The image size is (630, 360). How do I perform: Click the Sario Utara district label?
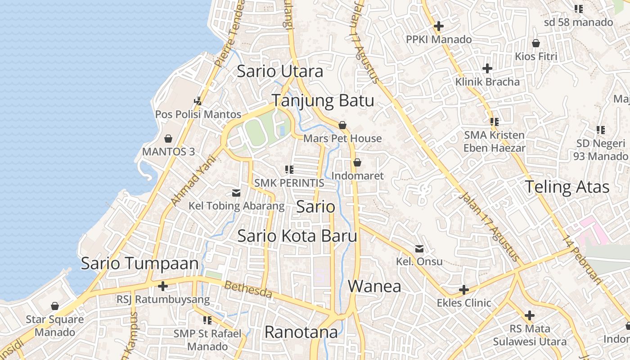[x=280, y=71]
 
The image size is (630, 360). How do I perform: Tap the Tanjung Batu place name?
[x=323, y=100]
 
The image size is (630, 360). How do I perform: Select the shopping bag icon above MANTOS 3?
[x=168, y=138]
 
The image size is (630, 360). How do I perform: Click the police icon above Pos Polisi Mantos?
[x=198, y=100]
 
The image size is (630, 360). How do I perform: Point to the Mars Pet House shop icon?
[x=342, y=125]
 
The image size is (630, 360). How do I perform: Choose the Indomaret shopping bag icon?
[x=357, y=162]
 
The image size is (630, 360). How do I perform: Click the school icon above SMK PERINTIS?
[x=289, y=170]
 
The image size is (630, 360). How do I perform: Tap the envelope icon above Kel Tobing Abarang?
[x=236, y=193]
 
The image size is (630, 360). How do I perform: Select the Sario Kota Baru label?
[x=297, y=236]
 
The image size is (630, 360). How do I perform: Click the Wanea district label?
[x=374, y=286]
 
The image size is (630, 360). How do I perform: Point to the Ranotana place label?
[x=301, y=332]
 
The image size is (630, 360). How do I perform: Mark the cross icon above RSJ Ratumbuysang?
[x=163, y=286]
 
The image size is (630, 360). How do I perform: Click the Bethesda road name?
[x=248, y=289]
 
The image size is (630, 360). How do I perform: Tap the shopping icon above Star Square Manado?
[x=55, y=306]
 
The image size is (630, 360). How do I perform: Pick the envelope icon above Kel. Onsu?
[x=419, y=248]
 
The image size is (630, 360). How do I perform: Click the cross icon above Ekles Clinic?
[x=464, y=289]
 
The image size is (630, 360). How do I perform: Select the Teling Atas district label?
[x=567, y=187]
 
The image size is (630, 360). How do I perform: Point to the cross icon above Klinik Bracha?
[x=487, y=68]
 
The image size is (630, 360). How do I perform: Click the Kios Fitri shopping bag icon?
[x=536, y=43]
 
